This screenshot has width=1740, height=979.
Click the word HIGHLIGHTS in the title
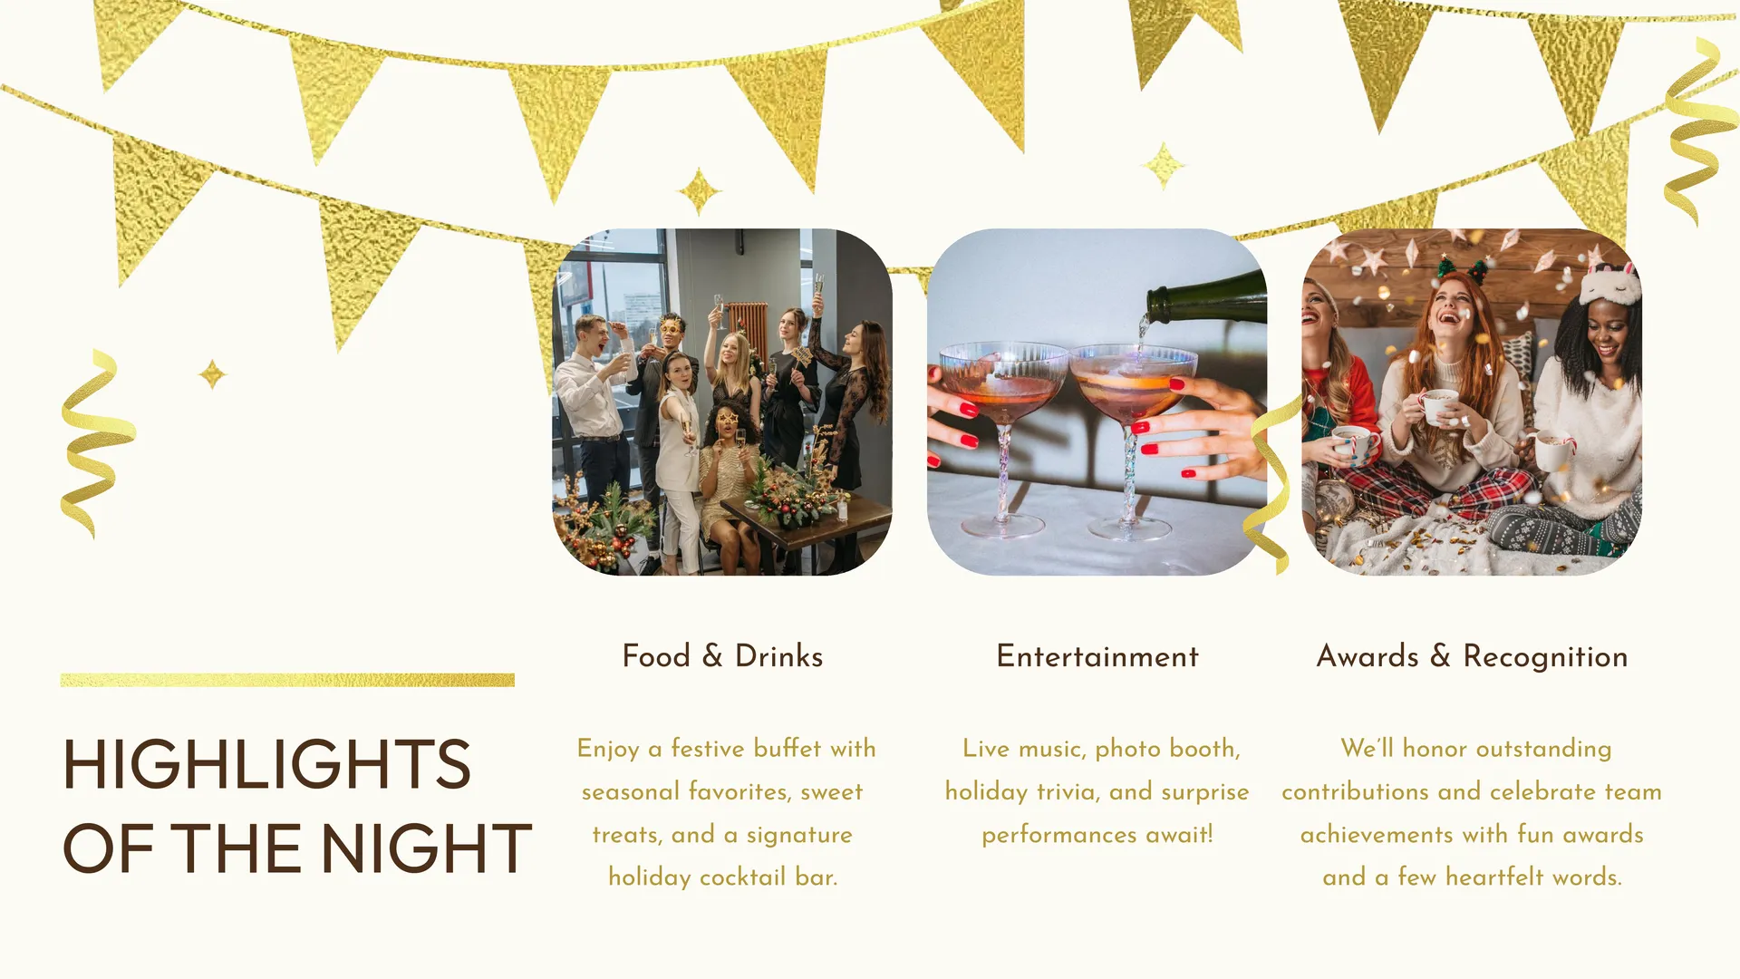point(266,764)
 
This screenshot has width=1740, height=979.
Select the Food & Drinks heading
point(722,655)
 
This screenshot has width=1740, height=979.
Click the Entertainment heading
point(1097,655)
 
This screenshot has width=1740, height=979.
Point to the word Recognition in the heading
point(1545,657)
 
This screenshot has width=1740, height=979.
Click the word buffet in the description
point(788,748)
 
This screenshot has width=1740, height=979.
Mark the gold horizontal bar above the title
point(287,680)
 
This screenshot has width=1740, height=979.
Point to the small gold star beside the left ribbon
point(212,373)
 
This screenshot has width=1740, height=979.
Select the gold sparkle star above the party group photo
point(699,192)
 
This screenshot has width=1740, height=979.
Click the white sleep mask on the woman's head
point(1609,284)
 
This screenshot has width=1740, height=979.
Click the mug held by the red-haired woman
point(1439,407)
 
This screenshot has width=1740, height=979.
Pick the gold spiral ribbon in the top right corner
point(1699,131)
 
